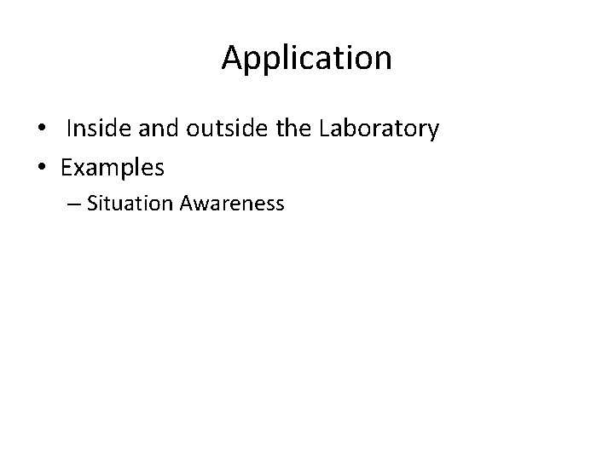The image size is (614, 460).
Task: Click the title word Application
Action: (x=307, y=59)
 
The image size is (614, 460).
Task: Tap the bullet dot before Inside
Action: (x=41, y=129)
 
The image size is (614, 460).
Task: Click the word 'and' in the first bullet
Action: (x=155, y=129)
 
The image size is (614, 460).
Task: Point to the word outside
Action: (x=224, y=129)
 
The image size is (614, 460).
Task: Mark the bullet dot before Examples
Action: (x=41, y=169)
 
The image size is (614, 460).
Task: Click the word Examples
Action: (x=113, y=169)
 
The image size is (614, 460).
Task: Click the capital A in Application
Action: (x=233, y=58)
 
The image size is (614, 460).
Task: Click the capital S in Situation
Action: (x=92, y=204)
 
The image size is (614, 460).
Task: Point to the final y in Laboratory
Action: (x=433, y=132)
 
